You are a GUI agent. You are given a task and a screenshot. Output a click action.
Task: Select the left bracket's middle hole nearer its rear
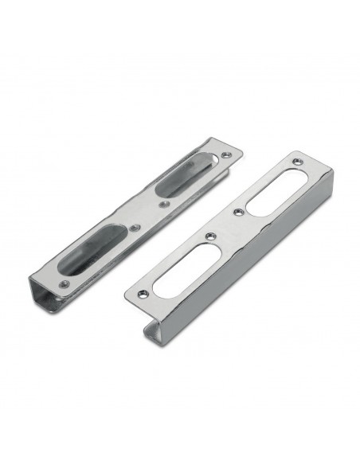click(164, 203)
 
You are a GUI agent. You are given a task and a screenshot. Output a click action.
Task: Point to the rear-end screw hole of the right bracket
click(297, 162)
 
